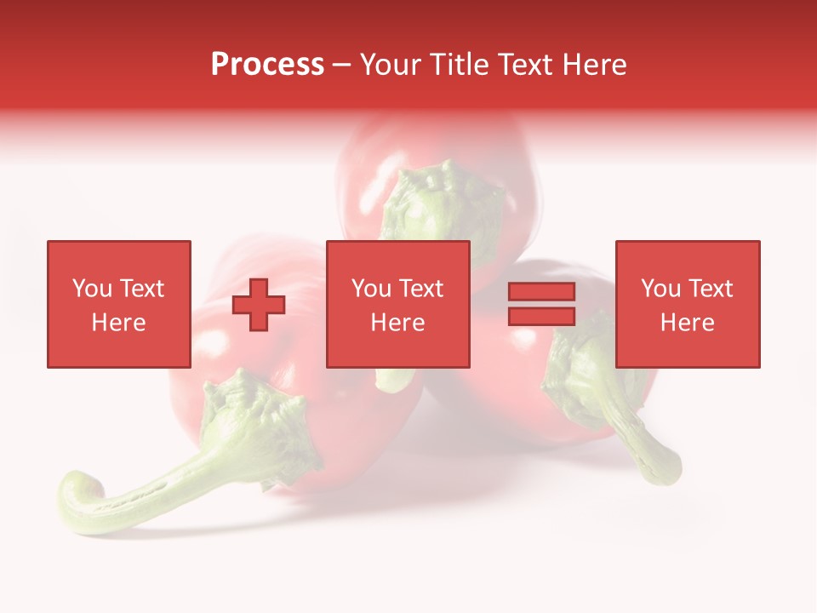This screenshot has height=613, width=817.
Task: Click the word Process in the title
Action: [x=267, y=65]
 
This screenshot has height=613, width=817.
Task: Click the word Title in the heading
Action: [x=460, y=65]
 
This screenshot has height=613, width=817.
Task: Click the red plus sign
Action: [x=259, y=304]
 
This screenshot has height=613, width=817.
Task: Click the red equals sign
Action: [x=542, y=304]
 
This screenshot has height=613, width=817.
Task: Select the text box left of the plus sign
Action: [x=118, y=304]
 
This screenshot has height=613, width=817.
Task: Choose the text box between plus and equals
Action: [x=397, y=304]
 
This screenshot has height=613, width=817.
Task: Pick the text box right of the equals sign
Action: [x=688, y=304]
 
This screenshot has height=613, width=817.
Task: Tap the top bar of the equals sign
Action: [x=542, y=292]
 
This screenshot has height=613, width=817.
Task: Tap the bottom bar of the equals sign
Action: [x=542, y=316]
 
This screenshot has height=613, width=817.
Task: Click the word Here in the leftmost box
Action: [x=118, y=323]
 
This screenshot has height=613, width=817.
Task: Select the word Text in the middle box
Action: [x=420, y=289]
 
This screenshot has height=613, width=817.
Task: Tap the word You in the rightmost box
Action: [x=660, y=289]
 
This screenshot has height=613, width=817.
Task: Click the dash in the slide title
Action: [x=342, y=65]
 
